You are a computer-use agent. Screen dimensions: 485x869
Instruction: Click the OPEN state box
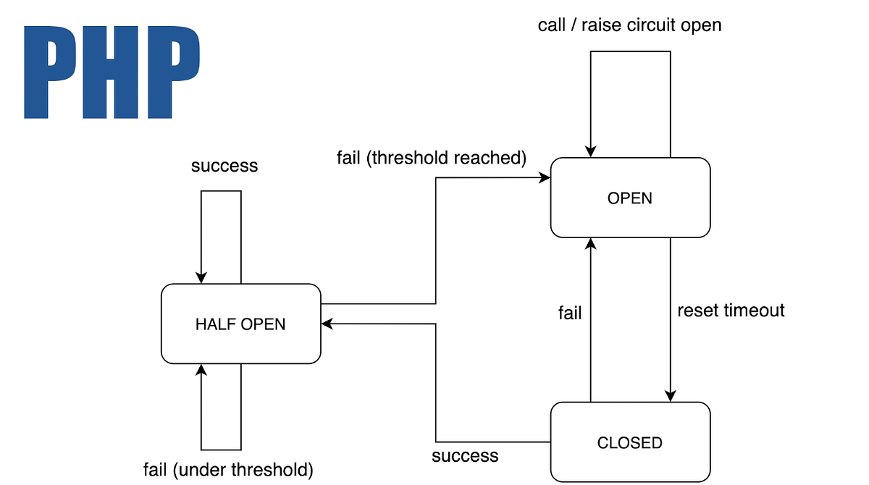pyautogui.click(x=630, y=198)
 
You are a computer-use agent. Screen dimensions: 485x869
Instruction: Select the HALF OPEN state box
pyautogui.click(x=240, y=324)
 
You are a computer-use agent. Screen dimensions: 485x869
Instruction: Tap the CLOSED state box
pyautogui.click(x=630, y=442)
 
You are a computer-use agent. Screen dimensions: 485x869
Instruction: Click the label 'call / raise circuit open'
pyautogui.click(x=629, y=25)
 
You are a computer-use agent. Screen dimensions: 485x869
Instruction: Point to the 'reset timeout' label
pyautogui.click(x=731, y=311)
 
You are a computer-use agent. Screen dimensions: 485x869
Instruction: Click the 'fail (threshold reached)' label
pyautogui.click(x=431, y=157)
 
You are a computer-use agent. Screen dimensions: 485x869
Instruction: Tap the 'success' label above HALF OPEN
pyautogui.click(x=224, y=166)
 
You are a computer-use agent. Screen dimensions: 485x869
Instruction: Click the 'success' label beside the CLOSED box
pyautogui.click(x=465, y=456)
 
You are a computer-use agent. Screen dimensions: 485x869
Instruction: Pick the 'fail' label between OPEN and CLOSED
pyautogui.click(x=570, y=313)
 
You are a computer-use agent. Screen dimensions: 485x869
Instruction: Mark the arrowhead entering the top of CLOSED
pyautogui.click(x=671, y=396)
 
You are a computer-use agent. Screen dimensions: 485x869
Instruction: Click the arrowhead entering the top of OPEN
pyautogui.click(x=591, y=151)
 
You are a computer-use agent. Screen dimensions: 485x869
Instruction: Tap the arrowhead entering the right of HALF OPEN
pyautogui.click(x=327, y=324)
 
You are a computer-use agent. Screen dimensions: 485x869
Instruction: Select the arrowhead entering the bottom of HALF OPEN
pyautogui.click(x=201, y=370)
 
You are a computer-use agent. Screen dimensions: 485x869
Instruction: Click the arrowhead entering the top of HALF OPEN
pyautogui.click(x=201, y=278)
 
